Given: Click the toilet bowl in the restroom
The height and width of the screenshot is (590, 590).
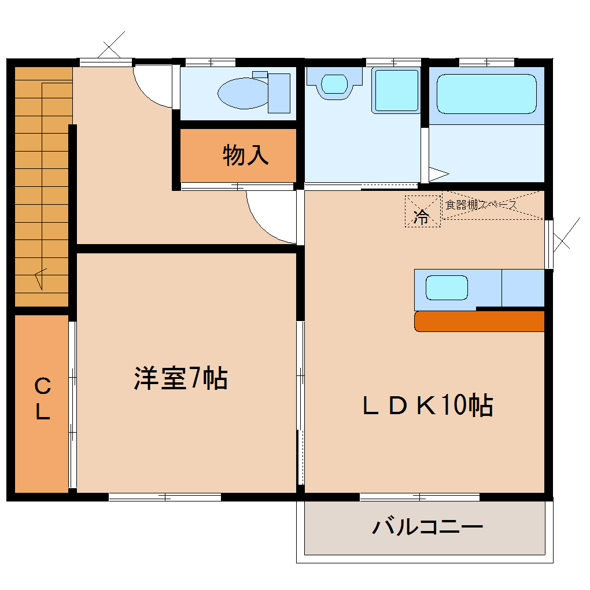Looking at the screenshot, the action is tap(244, 93).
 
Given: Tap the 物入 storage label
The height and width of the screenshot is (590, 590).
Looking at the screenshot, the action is tap(246, 154).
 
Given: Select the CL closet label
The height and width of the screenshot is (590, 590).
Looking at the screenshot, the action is tap(43, 398).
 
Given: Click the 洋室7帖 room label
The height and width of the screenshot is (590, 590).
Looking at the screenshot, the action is tap(180, 378).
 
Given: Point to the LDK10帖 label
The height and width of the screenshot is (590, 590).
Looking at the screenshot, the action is tap(427, 405).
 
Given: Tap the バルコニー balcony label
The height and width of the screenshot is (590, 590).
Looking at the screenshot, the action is tap(427, 526).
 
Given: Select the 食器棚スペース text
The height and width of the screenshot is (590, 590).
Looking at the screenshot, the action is tap(481, 205).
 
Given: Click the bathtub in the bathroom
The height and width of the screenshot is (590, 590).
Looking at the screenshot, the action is tap(486, 94).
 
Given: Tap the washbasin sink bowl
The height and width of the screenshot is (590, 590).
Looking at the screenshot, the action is tap(334, 84).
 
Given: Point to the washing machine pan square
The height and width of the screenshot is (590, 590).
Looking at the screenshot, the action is tap(396, 90).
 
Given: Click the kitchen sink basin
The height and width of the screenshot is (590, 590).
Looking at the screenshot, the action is tap(447, 288).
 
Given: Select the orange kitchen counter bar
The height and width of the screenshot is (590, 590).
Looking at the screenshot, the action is tap(480, 322).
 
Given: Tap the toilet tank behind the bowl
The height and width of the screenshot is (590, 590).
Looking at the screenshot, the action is tap(279, 93).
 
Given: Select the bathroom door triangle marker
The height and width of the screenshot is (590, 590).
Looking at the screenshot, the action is tap(438, 174).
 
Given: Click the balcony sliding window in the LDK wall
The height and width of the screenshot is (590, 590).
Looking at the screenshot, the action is tap(419, 497).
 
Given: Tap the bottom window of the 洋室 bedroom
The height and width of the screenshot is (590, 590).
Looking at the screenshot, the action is tap(165, 497).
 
